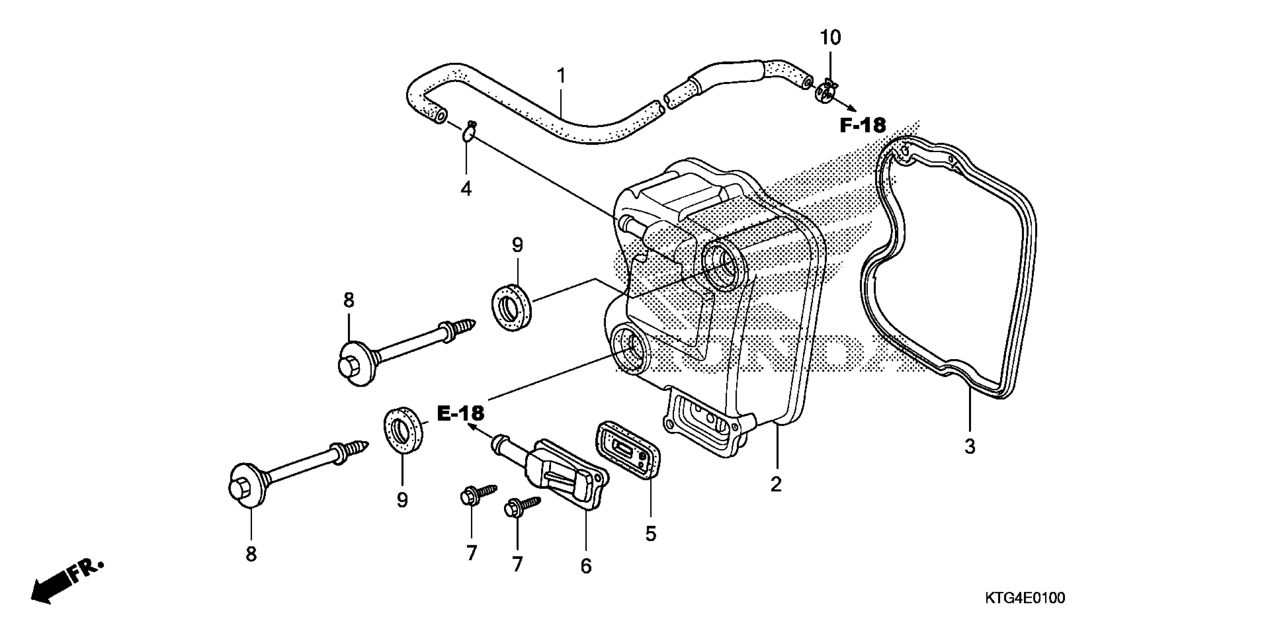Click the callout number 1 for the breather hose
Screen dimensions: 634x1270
[561, 76]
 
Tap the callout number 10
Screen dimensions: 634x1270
[830, 38]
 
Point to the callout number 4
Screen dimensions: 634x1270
[466, 188]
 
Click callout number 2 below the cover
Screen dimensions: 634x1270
[776, 484]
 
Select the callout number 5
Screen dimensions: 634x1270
[651, 533]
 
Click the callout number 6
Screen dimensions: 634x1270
[586, 566]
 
